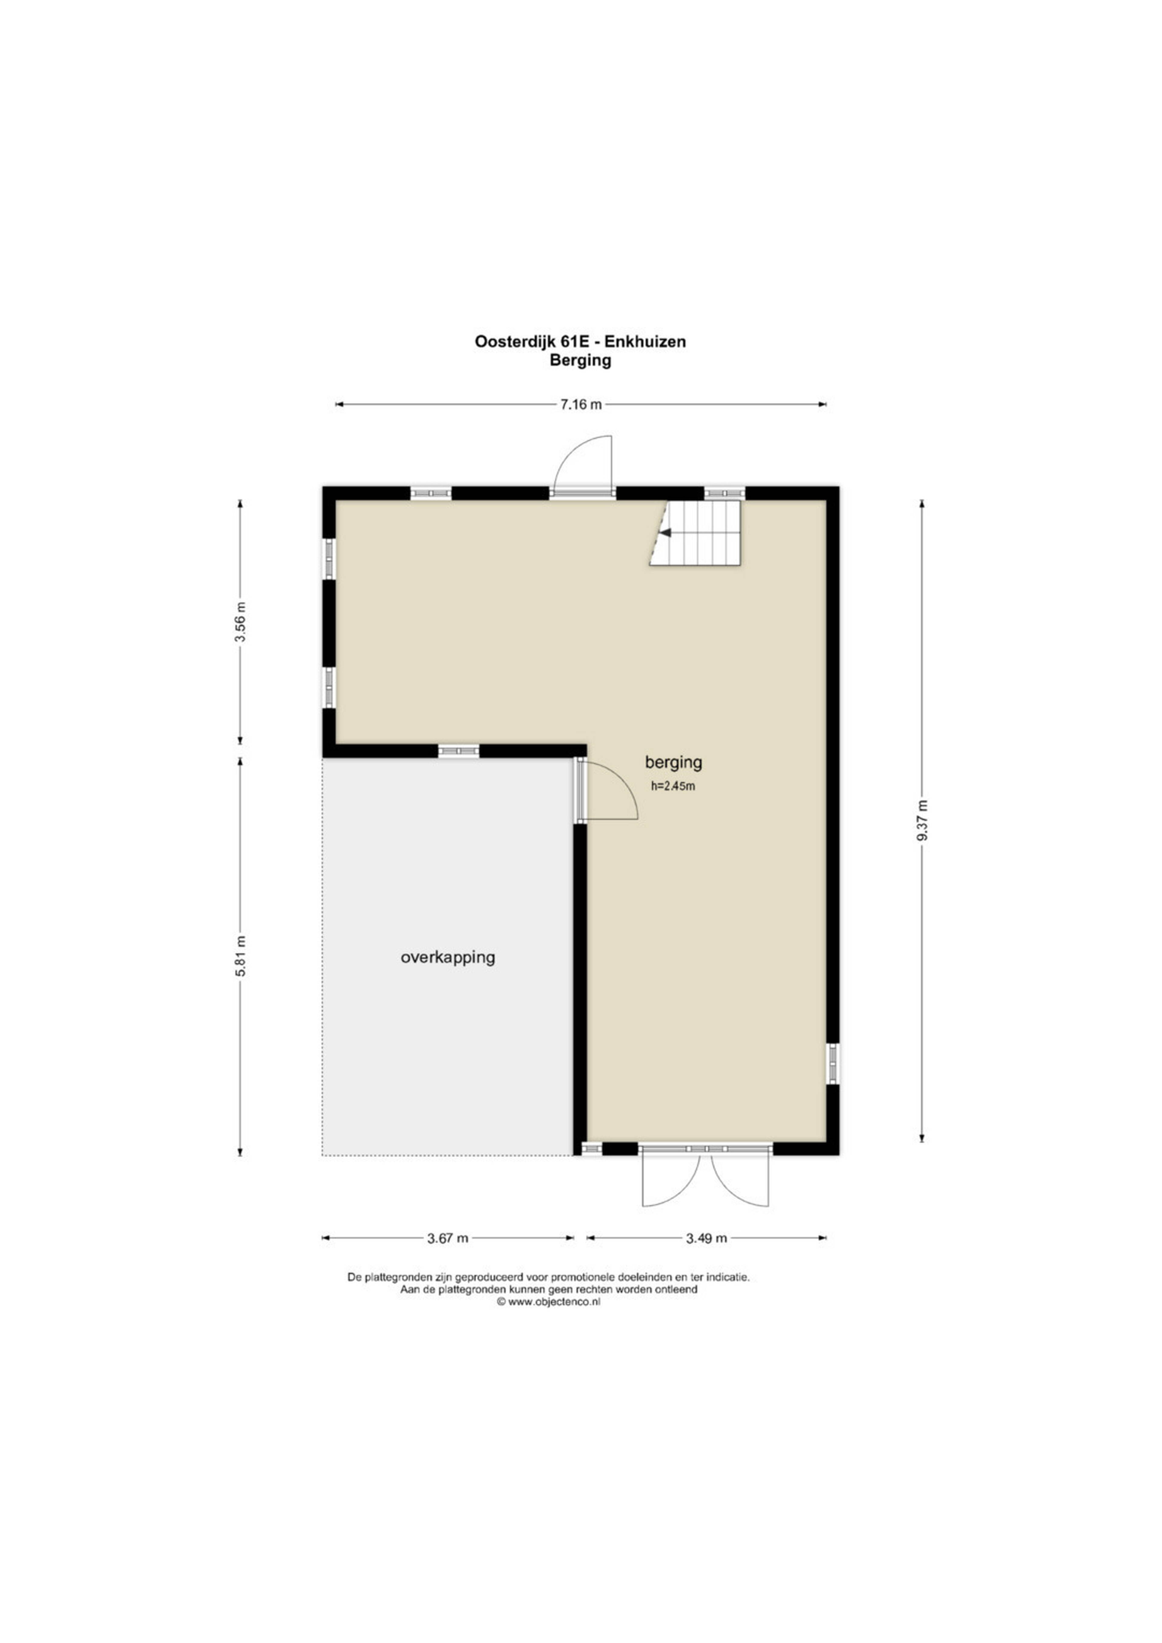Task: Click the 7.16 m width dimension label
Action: [x=580, y=404]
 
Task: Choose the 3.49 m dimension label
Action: [x=706, y=1238]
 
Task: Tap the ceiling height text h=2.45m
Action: [x=673, y=786]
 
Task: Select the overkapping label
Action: [x=448, y=958]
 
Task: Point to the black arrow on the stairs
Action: [x=665, y=532]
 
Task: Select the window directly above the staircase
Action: [x=724, y=493]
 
